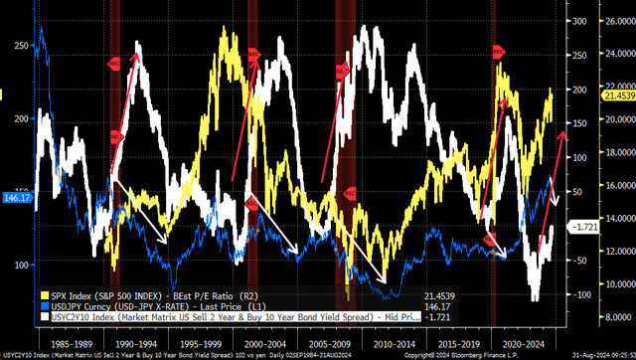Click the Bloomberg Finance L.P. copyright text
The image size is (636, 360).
(497, 353)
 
